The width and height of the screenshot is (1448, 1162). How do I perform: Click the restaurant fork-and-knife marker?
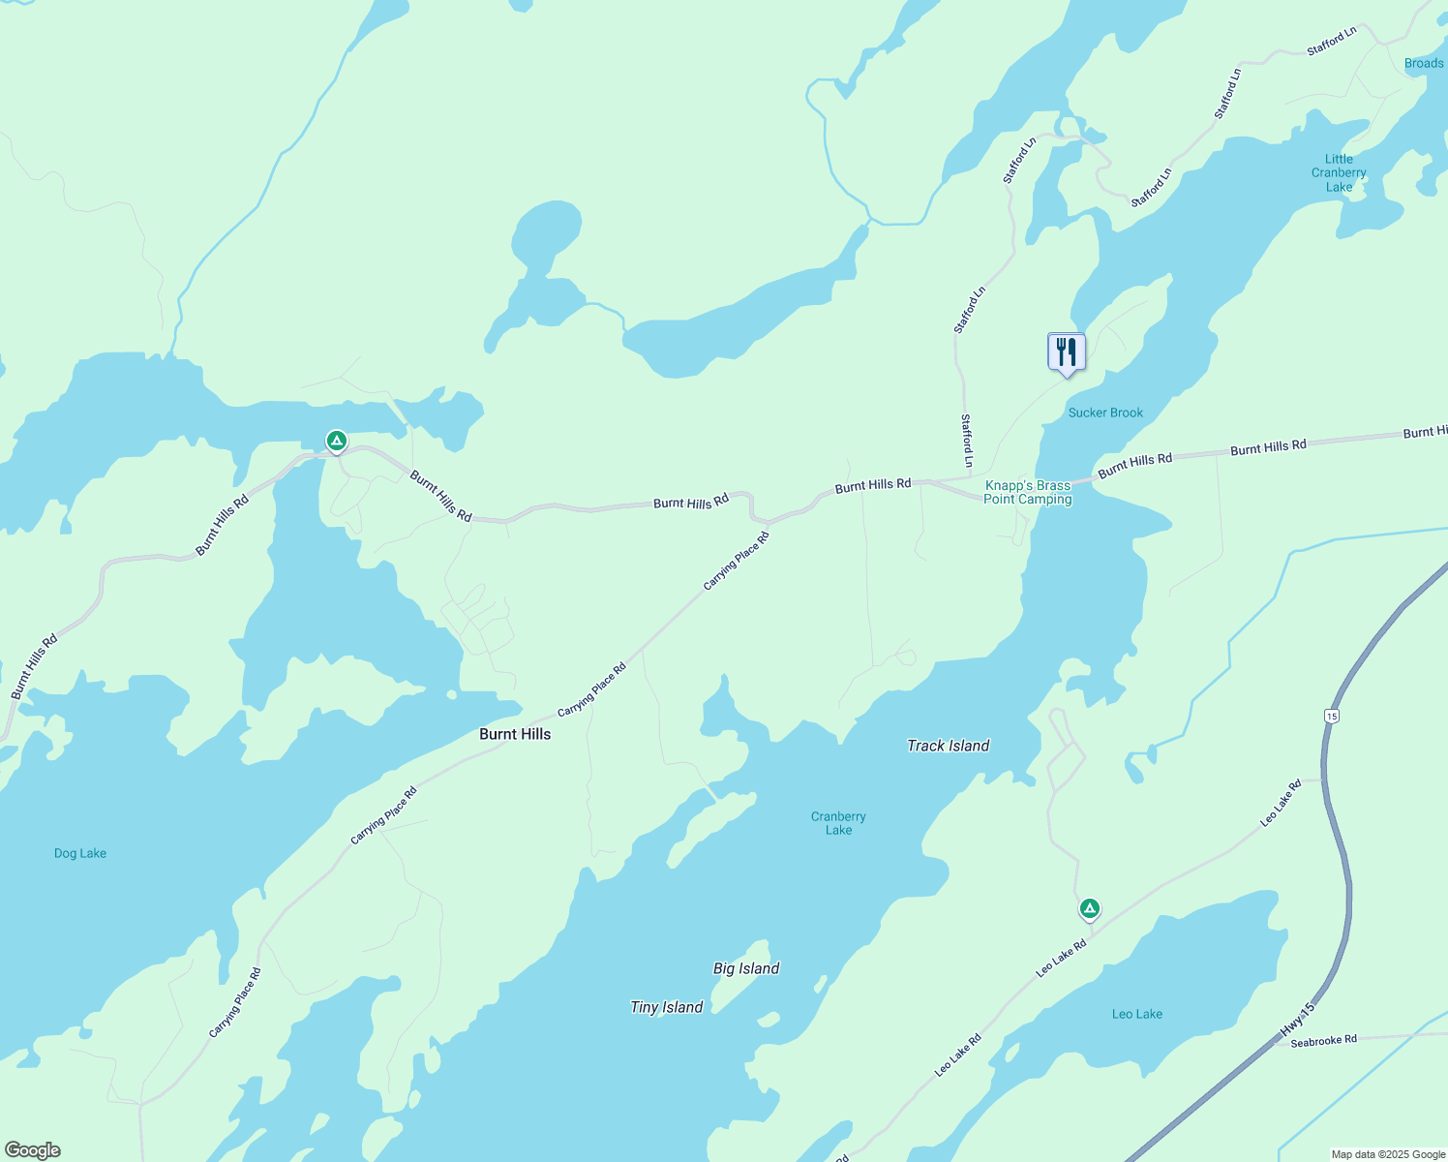pos(1067,352)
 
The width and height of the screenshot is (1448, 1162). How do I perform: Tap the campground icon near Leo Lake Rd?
pos(1089,908)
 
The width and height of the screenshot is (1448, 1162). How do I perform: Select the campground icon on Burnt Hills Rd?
pos(336,442)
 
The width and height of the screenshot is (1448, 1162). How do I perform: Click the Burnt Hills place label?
pos(515,734)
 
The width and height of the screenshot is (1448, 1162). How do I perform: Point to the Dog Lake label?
pos(80,853)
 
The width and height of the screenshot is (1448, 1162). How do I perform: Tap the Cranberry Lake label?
pos(838,823)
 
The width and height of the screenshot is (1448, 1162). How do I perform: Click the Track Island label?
pos(948,746)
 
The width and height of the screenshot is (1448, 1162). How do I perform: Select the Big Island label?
pos(746,968)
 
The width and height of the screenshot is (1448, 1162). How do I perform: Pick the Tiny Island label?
pos(666,1007)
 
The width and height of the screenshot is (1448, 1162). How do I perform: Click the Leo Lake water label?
pos(1137,1014)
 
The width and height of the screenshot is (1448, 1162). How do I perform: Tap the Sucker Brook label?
pos(1105,413)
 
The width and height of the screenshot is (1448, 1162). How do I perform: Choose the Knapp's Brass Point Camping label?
pos(1027,493)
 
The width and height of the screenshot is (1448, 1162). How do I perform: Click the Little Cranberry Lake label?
pos(1339,173)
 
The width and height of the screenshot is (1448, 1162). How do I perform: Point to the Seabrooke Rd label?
pos(1323,1041)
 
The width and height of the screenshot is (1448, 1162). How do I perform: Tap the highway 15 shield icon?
pos(1332,716)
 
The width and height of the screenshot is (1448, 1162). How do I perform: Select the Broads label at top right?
pos(1424,64)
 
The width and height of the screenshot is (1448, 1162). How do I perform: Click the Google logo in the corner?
pos(33,1150)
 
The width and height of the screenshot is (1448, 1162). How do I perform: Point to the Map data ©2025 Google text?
pos(1388,1154)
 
